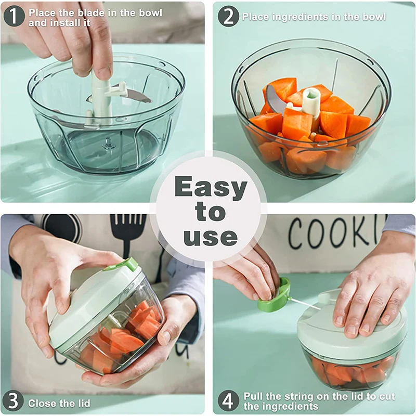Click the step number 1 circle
click(x=14, y=16)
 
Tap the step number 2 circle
click(x=228, y=16)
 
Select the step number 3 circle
click(x=14, y=401)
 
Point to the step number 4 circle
click(x=228, y=401)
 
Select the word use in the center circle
click(x=211, y=237)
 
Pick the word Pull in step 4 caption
click(x=254, y=396)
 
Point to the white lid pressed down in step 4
click(x=351, y=333)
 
